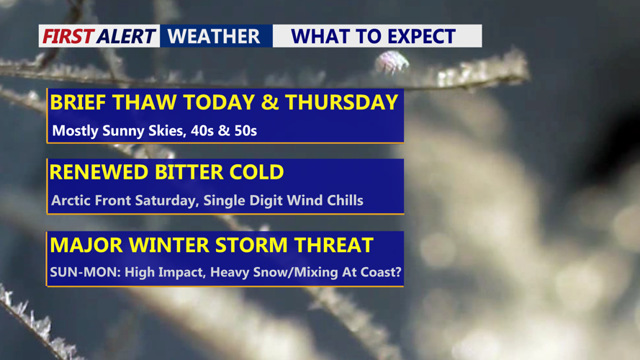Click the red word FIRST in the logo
(x=68, y=36)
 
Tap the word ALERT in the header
(x=127, y=36)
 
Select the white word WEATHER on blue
(x=214, y=36)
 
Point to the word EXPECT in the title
(x=421, y=36)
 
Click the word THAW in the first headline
(x=145, y=102)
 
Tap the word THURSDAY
(x=341, y=102)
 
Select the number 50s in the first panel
(x=245, y=130)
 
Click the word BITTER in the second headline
(x=189, y=172)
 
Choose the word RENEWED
(x=99, y=172)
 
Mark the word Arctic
(x=71, y=200)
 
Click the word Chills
(x=345, y=200)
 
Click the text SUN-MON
(x=85, y=272)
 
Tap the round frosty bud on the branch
(x=392, y=62)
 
